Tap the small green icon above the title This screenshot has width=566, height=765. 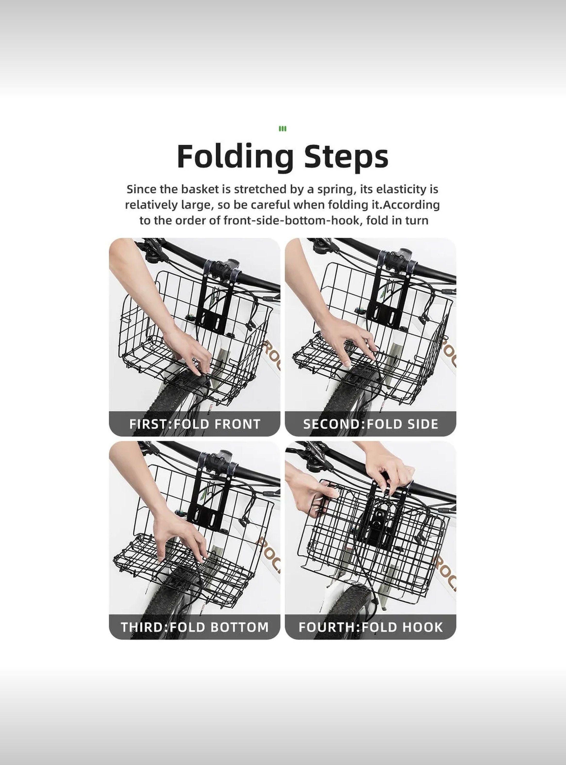283,129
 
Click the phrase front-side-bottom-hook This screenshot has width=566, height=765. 293,220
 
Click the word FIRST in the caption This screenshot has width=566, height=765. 149,424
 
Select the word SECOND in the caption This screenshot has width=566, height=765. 332,424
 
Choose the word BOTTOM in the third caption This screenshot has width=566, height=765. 239,627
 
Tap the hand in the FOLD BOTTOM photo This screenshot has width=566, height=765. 182,535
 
